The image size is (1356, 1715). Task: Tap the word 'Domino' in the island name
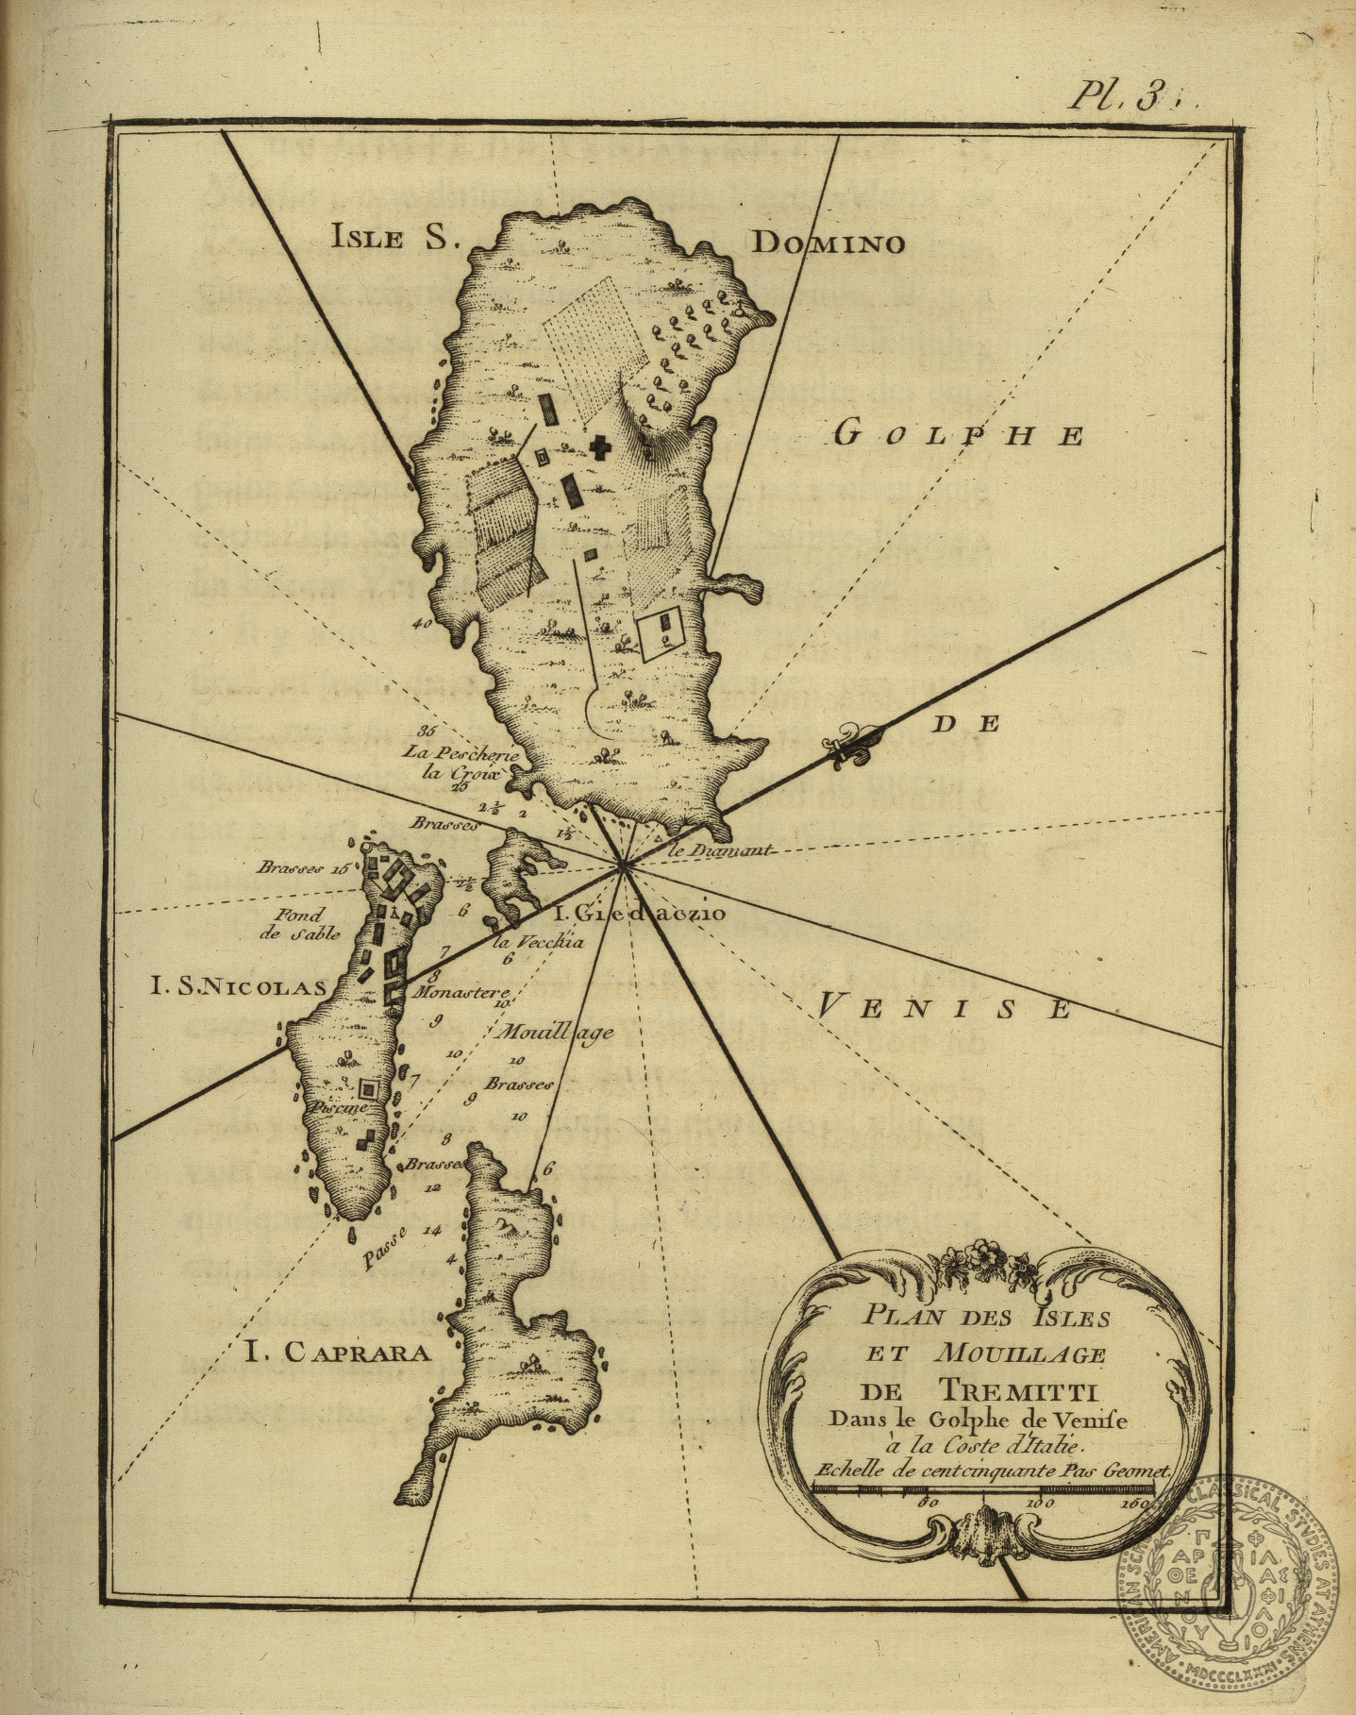(x=828, y=244)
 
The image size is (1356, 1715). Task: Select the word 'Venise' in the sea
(x=943, y=1008)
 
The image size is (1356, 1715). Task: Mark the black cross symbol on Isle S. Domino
(x=598, y=447)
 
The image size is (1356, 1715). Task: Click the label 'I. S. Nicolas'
(x=239, y=987)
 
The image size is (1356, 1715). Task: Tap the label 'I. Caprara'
(x=337, y=1353)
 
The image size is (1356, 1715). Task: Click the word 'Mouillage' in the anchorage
(x=558, y=1032)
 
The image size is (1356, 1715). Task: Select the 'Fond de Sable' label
(x=299, y=924)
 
